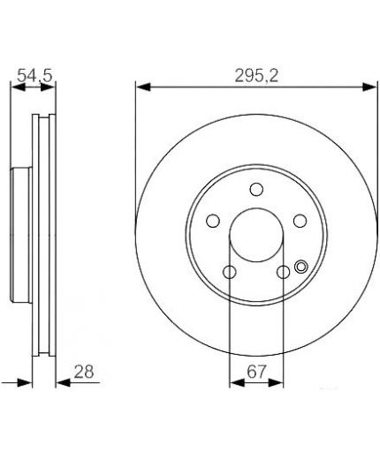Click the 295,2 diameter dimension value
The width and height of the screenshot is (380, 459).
tap(256, 76)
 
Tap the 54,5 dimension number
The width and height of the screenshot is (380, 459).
tap(34, 76)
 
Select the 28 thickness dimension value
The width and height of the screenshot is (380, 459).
tap(84, 372)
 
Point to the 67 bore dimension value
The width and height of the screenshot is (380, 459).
tap(256, 372)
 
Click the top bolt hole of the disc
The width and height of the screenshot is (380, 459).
tap(256, 189)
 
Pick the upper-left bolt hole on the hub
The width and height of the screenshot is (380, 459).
tap(213, 221)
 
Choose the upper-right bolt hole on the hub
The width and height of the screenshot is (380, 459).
tap(300, 221)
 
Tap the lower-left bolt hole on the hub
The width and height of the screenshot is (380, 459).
tap(230, 272)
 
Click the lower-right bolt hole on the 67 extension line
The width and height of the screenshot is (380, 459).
tap(284, 272)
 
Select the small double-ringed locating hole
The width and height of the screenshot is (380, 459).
tap(300, 267)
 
